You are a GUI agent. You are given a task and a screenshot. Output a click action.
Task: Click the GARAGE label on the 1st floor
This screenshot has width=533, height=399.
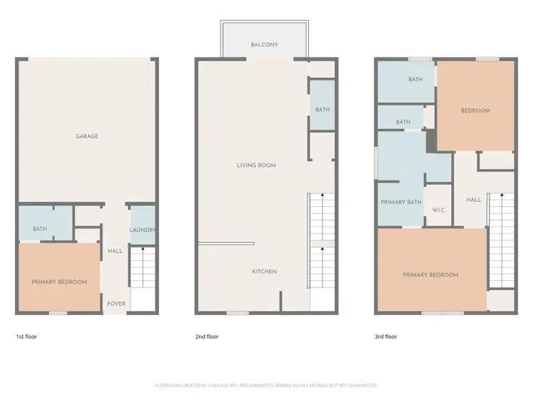click(x=87, y=135)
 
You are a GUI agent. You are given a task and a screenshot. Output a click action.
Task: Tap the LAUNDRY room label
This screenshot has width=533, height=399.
click(x=143, y=230)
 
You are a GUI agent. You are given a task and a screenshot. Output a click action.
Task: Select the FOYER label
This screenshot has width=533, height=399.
click(x=117, y=303)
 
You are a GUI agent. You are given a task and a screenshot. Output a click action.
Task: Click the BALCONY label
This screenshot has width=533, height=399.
click(x=264, y=44)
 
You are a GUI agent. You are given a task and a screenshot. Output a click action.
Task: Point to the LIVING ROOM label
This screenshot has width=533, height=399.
click(x=256, y=165)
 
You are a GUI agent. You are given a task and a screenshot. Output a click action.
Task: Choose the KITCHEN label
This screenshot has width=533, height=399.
click(x=265, y=272)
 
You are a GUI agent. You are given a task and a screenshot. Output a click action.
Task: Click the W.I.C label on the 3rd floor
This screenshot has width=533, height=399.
click(x=439, y=209)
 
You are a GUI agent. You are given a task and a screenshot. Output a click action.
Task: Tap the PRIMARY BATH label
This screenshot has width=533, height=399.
click(x=401, y=202)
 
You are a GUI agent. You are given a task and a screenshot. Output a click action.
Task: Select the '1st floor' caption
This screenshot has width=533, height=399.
click(x=26, y=337)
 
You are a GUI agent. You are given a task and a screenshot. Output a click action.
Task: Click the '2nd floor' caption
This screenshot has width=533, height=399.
click(x=207, y=337)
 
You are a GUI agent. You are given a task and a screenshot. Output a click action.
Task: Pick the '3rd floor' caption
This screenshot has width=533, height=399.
click(x=386, y=337)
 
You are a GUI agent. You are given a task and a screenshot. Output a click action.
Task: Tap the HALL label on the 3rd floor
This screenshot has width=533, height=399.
click(x=473, y=199)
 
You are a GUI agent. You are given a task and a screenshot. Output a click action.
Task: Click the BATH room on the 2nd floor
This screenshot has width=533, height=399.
click(x=321, y=110)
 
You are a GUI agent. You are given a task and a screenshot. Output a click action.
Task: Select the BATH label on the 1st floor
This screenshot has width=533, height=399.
click(x=39, y=229)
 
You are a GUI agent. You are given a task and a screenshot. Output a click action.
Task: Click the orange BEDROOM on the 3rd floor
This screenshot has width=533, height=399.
click(x=476, y=111)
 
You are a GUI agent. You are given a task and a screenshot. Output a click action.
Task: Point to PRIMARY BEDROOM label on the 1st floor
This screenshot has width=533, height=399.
click(x=59, y=282)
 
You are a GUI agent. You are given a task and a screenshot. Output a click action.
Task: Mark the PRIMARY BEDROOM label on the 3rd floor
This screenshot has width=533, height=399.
click(x=431, y=274)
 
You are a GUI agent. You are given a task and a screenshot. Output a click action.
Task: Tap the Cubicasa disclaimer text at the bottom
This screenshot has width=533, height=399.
click(x=266, y=385)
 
